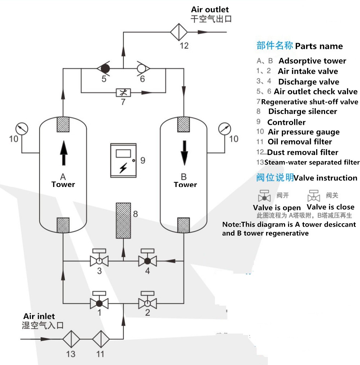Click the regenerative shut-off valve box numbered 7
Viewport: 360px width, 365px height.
click(123, 92)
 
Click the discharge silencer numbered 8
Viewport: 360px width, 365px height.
click(123, 220)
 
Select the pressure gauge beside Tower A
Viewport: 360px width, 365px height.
click(22, 128)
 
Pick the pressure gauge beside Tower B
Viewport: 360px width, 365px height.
click(225, 128)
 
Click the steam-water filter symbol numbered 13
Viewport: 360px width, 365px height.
click(71, 339)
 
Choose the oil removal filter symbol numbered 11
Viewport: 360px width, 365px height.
click(101, 339)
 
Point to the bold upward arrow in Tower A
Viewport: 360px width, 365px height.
click(63, 152)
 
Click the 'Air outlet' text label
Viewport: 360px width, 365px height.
click(210, 9)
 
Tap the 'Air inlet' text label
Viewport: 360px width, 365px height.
click(39, 316)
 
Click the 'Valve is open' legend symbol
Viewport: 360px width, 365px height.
click(265, 196)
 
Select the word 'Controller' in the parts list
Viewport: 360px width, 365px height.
click(286, 122)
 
